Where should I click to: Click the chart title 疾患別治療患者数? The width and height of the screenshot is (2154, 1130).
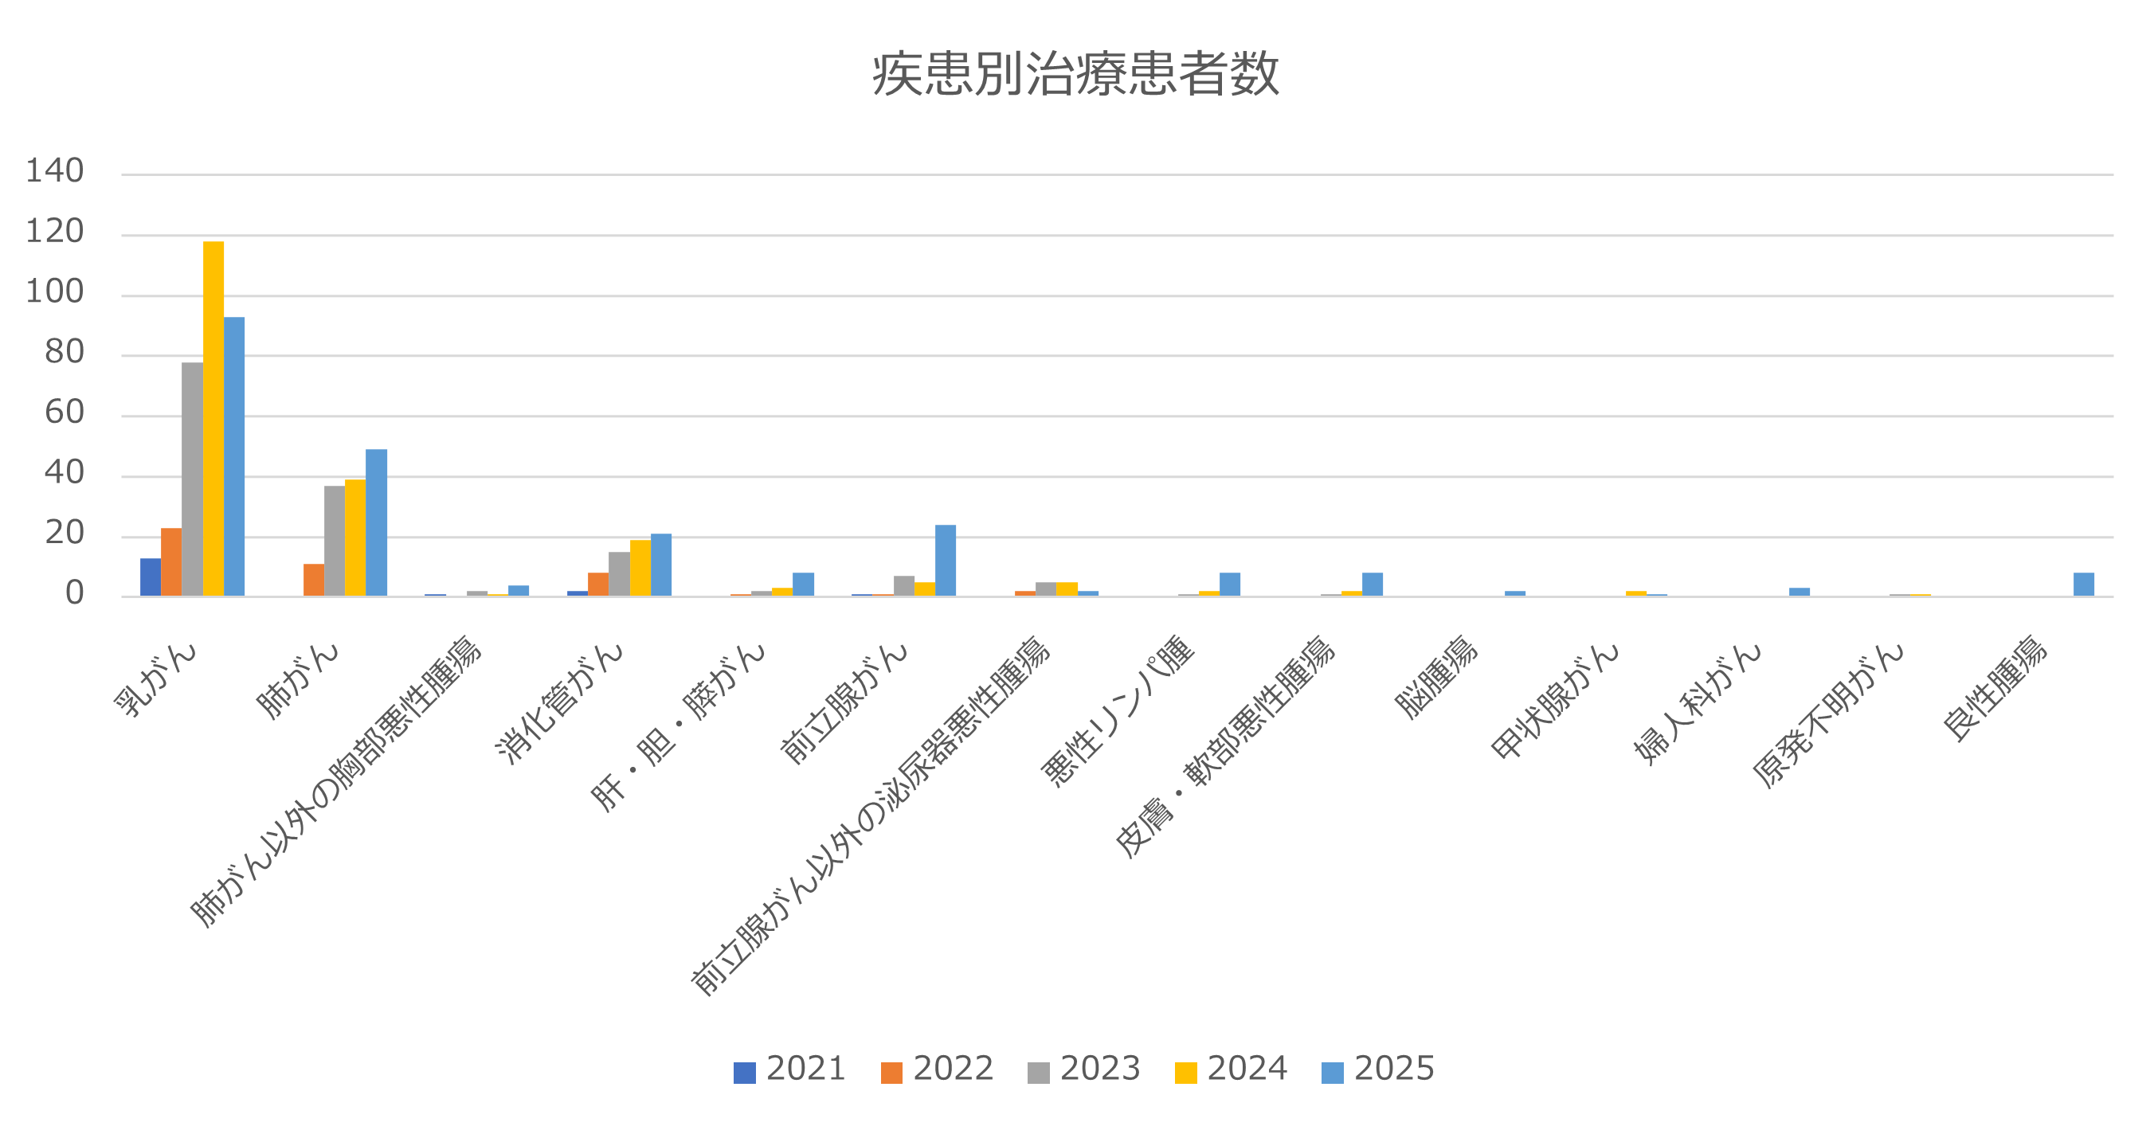[x=1075, y=74]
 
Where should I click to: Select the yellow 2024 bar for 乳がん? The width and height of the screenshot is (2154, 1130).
[x=213, y=418]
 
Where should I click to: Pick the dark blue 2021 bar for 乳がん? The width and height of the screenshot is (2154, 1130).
[x=151, y=577]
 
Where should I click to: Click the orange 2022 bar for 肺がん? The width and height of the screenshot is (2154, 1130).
[x=314, y=580]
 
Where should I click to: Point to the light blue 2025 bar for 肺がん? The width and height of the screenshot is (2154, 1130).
[x=376, y=522]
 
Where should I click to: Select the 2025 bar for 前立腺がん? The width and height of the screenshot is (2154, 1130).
[x=945, y=561]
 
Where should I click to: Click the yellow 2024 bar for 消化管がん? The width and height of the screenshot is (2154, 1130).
[x=640, y=569]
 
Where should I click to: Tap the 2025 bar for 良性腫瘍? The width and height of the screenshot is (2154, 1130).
[x=2084, y=585]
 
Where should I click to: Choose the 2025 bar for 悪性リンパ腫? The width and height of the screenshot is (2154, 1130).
[x=1230, y=585]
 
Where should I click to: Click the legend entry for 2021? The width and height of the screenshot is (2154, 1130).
[x=789, y=1069]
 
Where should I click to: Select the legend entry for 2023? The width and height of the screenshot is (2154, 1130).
[x=1083, y=1069]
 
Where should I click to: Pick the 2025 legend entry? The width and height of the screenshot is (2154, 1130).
[x=1378, y=1069]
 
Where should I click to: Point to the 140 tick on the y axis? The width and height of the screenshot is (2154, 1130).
[x=55, y=171]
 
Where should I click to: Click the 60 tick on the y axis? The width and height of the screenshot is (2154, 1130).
[x=65, y=413]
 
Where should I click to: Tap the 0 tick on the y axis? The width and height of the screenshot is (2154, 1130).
[x=75, y=594]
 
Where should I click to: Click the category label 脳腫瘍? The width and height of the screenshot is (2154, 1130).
[x=1436, y=677]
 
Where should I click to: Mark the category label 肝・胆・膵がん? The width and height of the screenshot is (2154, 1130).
[x=677, y=727]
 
